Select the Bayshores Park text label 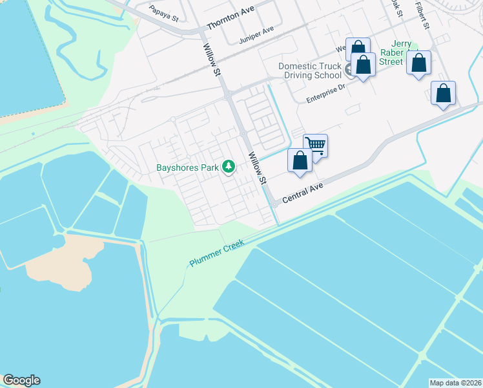tap(187, 167)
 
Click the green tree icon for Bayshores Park tap(228, 167)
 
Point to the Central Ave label tap(302, 191)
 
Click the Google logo tap(21, 380)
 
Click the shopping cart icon tap(316, 144)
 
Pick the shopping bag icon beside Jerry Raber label tap(419, 63)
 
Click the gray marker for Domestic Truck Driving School tap(349, 70)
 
